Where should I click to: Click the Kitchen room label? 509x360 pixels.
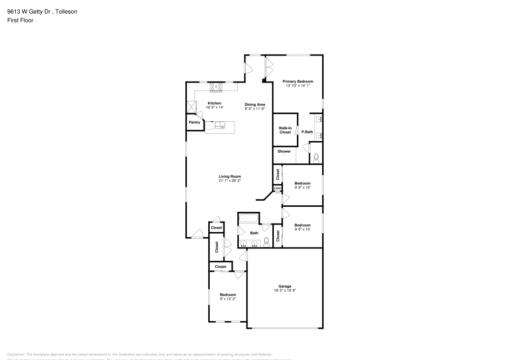(x=214, y=103)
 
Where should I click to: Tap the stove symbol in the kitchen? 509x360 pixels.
(x=216, y=88)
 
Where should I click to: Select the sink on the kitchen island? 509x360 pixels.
(x=220, y=126)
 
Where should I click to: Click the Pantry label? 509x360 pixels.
(x=194, y=122)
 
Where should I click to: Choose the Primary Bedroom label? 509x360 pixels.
(x=298, y=81)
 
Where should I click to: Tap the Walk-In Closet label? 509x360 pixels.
(x=285, y=130)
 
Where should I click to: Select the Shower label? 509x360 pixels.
(x=284, y=151)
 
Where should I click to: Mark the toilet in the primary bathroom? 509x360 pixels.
(x=316, y=158)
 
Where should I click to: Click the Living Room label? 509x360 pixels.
(x=229, y=176)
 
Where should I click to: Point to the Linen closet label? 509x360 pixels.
(x=277, y=188)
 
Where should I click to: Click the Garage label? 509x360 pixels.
(x=285, y=286)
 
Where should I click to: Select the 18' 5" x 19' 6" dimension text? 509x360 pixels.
(x=285, y=291)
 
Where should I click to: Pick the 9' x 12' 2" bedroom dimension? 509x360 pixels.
(x=228, y=299)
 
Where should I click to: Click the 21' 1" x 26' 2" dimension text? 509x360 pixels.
(x=229, y=180)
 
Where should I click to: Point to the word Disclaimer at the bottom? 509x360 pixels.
(x=16, y=354)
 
